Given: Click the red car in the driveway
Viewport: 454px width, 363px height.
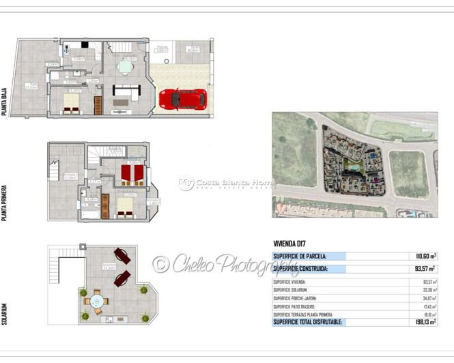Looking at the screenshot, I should click(x=182, y=98).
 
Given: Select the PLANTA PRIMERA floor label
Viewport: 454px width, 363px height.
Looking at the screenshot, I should click(x=5, y=202).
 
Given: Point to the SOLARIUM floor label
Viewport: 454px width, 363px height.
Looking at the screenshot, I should click(x=5, y=315).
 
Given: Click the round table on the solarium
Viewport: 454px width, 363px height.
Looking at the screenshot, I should click(x=96, y=300).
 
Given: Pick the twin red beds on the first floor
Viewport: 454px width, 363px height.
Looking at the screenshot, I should click(x=131, y=174).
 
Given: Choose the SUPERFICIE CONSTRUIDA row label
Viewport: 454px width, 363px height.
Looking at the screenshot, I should click(x=300, y=269).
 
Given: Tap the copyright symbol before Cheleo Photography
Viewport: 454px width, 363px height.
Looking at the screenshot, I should click(x=160, y=264).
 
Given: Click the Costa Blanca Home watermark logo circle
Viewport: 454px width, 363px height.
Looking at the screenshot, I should click(x=186, y=184).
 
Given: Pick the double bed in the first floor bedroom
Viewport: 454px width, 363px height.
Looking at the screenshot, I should click(x=125, y=206).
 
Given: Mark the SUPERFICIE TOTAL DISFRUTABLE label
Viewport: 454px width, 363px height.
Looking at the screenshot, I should click(x=307, y=322).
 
